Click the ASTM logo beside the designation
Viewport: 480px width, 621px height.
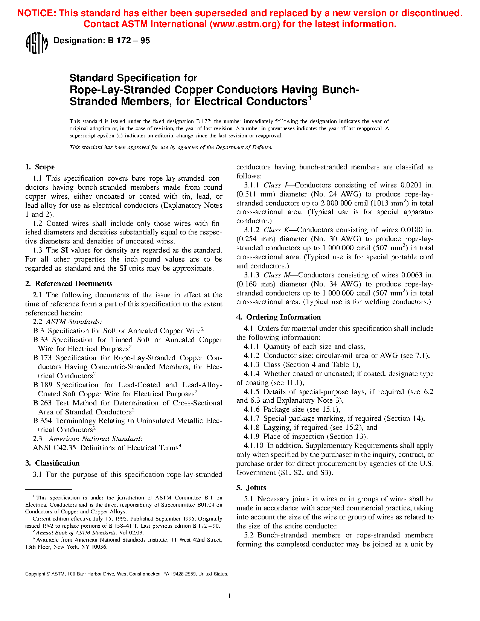(37, 43)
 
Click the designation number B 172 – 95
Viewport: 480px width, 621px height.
(129, 41)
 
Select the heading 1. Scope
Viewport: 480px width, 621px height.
(40, 167)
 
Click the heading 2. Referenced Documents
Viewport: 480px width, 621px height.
(69, 283)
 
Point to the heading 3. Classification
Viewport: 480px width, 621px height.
(52, 463)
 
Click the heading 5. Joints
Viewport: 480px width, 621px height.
(251, 487)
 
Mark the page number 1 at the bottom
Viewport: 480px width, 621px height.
(230, 595)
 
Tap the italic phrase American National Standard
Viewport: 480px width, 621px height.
(94, 439)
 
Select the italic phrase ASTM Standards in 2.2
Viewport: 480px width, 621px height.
(74, 322)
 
